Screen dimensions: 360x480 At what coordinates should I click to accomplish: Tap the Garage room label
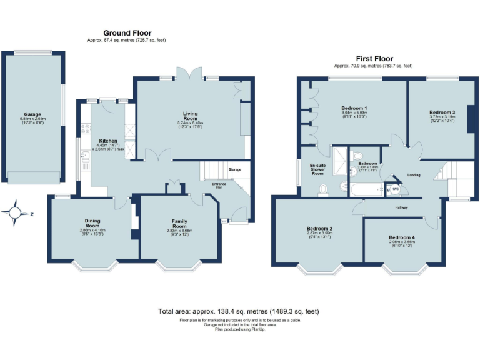coord(32,114)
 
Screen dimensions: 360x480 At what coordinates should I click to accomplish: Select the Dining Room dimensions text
coord(92,232)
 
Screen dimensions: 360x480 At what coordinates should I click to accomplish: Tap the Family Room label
coord(179,221)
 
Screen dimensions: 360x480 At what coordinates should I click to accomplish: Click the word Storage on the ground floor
coord(234,169)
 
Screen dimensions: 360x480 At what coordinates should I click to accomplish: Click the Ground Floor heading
coord(127,33)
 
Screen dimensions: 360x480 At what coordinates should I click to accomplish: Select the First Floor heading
coord(373,58)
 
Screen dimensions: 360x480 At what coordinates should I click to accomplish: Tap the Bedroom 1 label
coord(354,107)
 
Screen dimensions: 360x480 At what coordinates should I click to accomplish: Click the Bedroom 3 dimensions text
coord(442,119)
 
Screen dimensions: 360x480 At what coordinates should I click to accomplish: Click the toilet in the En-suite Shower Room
coord(323,189)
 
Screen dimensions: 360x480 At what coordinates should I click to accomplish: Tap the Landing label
coord(413,175)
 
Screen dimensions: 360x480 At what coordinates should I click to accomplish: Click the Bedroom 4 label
coord(401,237)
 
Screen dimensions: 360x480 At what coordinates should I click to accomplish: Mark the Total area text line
coord(240,311)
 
